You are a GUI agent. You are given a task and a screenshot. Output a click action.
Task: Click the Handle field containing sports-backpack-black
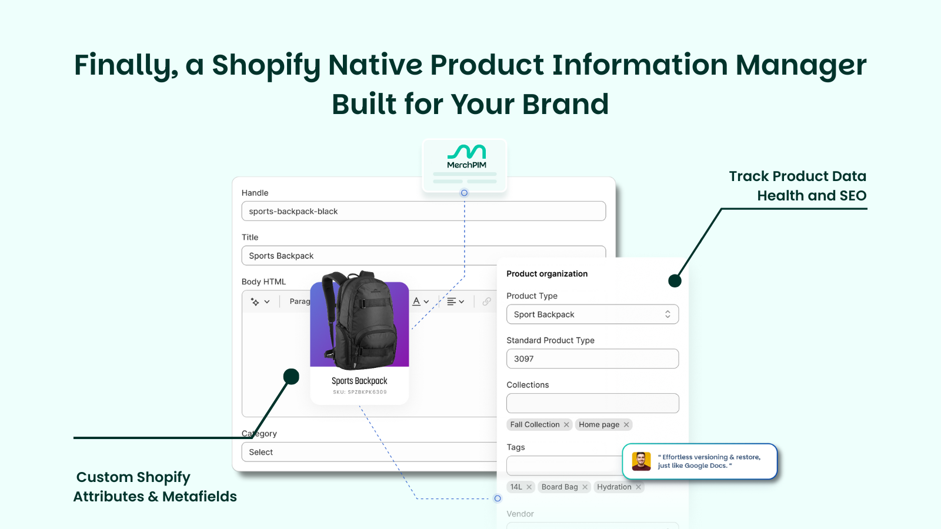[423, 211]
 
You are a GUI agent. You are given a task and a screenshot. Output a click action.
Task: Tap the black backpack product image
[359, 320]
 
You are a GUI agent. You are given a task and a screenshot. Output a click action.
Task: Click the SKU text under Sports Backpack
[359, 392]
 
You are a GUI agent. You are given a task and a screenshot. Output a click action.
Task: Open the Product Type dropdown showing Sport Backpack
[592, 314]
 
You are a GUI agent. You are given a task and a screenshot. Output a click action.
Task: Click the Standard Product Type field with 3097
[592, 359]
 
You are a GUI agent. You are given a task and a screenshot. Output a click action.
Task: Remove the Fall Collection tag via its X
[566, 425]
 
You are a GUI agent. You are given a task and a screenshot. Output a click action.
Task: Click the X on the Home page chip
[626, 425]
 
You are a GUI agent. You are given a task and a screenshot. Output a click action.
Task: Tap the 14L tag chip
[516, 487]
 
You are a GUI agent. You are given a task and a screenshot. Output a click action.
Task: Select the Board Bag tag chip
[559, 487]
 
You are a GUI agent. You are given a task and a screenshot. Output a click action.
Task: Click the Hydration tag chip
[614, 487]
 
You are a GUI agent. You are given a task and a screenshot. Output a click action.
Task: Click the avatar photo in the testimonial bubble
[641, 461]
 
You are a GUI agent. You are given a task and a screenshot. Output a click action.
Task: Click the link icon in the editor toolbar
[486, 302]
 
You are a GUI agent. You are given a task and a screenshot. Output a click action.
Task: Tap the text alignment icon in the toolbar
[452, 302]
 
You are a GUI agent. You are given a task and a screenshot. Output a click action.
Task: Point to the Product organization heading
[547, 274]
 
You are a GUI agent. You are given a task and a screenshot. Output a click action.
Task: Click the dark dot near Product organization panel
[675, 281]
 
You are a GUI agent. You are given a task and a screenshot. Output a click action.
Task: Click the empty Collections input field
[592, 403]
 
